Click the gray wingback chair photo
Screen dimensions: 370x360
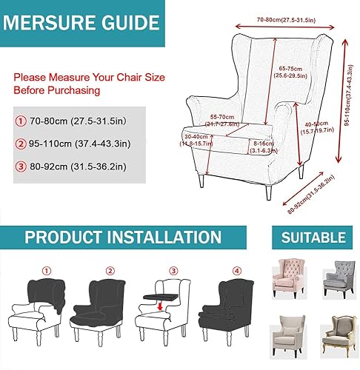pyautogui.click(x=336, y=278)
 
